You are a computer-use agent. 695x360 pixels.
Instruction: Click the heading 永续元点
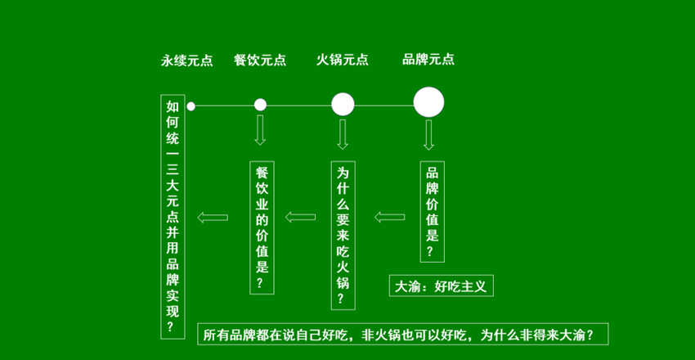click(x=186, y=60)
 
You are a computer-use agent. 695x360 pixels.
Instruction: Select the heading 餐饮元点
click(x=260, y=60)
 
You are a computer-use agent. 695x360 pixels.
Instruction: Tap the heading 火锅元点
click(x=343, y=60)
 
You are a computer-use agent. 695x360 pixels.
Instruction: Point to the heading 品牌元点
click(x=428, y=59)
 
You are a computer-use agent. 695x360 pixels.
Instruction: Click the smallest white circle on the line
click(x=191, y=106)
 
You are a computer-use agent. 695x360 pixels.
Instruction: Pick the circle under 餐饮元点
click(x=261, y=105)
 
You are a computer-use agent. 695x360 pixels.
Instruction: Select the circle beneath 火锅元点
click(x=343, y=104)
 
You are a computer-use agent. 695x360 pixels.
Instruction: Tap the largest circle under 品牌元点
click(x=428, y=102)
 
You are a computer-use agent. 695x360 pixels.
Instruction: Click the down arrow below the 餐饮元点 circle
click(x=261, y=131)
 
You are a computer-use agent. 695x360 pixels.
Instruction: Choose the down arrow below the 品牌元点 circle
click(x=428, y=134)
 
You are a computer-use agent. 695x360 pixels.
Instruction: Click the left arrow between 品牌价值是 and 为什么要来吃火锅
click(x=390, y=217)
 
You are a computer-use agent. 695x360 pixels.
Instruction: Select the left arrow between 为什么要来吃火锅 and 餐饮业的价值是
click(x=300, y=217)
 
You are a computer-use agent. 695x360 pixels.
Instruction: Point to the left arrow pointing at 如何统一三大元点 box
click(x=211, y=217)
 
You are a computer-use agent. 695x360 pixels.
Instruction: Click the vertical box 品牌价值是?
click(x=432, y=211)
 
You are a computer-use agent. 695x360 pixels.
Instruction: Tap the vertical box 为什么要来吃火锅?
click(x=343, y=235)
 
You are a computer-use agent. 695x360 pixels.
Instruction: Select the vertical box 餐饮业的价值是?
click(x=262, y=227)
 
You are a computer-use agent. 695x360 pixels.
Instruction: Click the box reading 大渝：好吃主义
click(x=441, y=286)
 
